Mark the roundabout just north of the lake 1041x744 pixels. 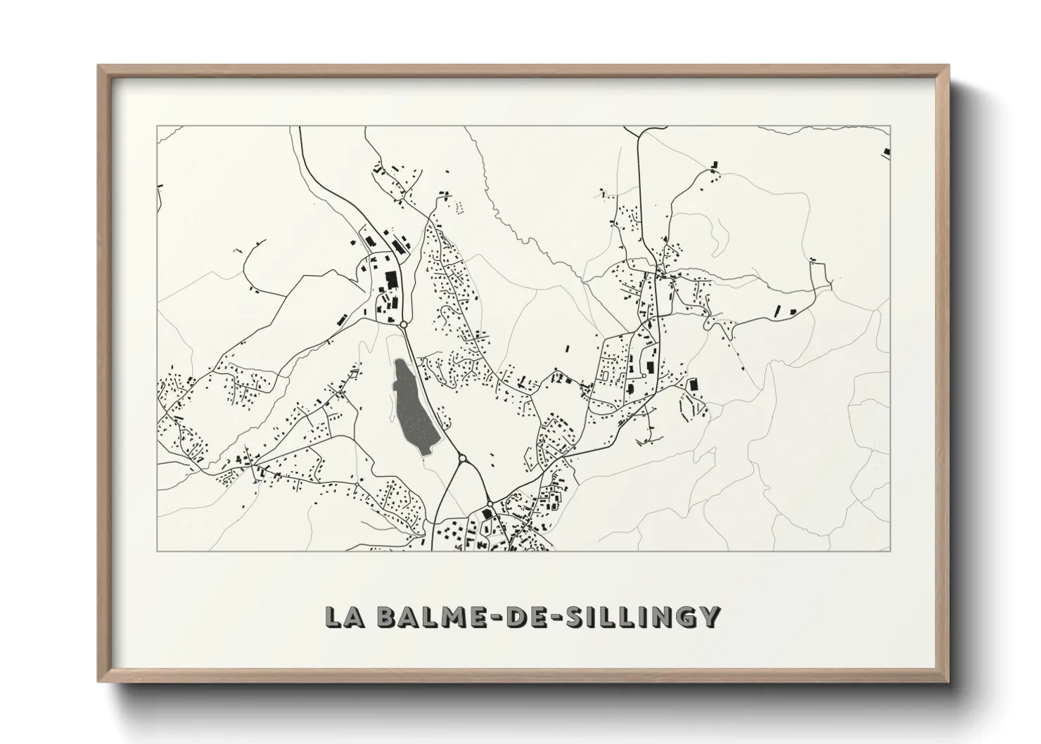pos(404,324)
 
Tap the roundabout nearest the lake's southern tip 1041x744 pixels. pos(462,459)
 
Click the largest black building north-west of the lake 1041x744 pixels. pos(390,280)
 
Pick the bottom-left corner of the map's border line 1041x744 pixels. pos(157,551)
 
